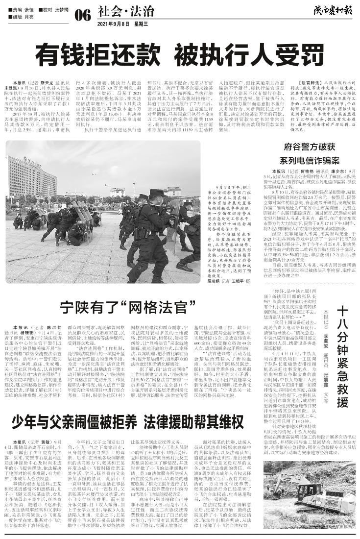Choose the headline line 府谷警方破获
point(310,146)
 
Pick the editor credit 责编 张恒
point(22,9)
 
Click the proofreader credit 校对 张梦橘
point(54,9)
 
